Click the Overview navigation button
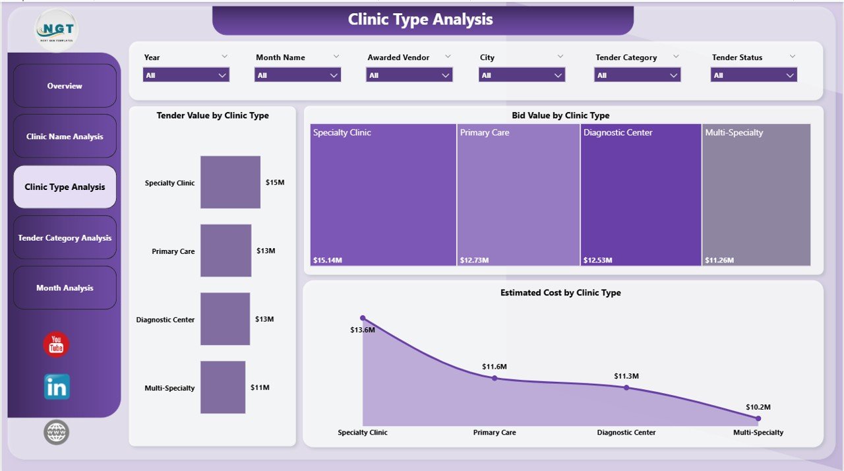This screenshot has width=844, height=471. coord(65,86)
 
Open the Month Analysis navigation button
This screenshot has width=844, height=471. coord(65,288)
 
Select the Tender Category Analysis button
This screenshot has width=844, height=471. coord(65,237)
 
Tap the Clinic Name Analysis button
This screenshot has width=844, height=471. coord(65,137)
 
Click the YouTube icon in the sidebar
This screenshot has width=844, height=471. coord(56,345)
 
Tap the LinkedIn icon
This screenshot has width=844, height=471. coord(57,387)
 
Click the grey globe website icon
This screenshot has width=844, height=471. coord(56,432)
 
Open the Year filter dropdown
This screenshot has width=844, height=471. coord(186,75)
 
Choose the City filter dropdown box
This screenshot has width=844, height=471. coord(522,75)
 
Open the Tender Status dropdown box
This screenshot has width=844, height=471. coord(754,75)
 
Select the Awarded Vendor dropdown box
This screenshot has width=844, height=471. coord(409,75)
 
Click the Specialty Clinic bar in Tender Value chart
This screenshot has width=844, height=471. coord(230,182)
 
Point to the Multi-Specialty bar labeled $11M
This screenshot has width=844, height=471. coord(223,387)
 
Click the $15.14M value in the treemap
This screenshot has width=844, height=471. coord(328,260)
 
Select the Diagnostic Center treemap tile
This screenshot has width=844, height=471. coord(640,195)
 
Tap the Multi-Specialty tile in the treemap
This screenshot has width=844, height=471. coord(756,195)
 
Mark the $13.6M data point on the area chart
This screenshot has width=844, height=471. coord(362,318)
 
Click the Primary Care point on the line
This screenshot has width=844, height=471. coord(495,378)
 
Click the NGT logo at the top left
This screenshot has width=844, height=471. coord(56,30)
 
